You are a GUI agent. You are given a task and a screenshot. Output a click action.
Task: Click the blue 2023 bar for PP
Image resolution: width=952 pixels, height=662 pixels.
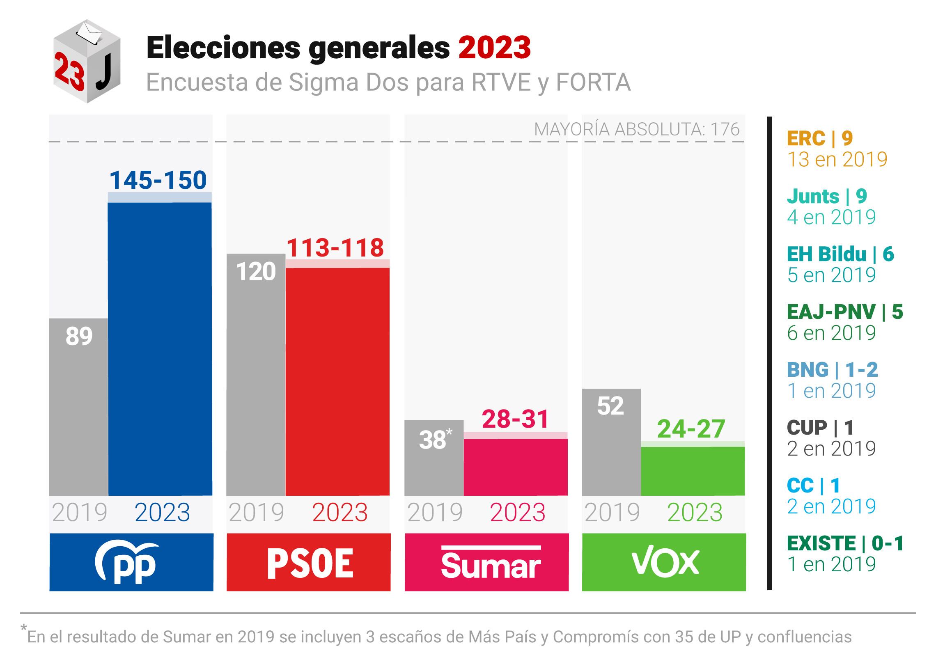pos(160,348)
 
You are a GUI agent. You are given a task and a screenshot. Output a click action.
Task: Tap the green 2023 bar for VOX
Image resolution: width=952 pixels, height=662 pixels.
pos(693,471)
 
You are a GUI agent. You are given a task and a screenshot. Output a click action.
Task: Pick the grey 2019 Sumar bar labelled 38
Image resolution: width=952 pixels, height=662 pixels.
pos(434,458)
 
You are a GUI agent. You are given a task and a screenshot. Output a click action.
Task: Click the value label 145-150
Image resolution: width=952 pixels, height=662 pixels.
pos(158,180)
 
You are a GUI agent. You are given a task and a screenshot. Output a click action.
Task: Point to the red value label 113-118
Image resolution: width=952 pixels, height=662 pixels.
pos(335,248)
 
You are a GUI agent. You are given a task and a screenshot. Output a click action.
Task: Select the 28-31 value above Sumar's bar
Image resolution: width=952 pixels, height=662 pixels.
pos(515,419)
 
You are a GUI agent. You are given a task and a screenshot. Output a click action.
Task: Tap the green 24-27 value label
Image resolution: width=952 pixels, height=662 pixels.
pos(691,429)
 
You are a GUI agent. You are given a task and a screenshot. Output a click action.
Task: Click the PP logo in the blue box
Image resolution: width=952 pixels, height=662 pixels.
pos(126,562)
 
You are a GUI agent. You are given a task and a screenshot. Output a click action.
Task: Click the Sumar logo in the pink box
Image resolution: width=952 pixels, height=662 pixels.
pos(491,563)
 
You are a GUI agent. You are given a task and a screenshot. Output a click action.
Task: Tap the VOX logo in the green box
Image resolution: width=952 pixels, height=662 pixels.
pos(665,563)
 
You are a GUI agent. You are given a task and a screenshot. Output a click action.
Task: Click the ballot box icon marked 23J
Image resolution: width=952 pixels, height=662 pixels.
pos(87,61)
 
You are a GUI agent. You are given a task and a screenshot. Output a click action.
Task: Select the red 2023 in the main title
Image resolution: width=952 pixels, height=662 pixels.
pos(495,48)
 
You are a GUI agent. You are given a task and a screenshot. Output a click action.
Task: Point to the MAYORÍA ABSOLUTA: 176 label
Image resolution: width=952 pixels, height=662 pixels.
pos(636,129)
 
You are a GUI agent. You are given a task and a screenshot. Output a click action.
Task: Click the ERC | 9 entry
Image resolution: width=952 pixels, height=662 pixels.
pos(820,138)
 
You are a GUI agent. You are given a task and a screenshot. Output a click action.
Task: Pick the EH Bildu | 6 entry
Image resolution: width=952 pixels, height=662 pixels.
pos(840,254)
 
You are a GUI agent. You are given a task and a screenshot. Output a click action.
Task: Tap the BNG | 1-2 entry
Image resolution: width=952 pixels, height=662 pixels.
pos(832,370)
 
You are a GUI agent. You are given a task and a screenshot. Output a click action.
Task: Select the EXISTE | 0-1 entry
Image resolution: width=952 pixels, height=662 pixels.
pos(845,543)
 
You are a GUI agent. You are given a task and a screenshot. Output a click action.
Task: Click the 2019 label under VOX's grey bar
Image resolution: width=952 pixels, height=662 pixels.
pos(612,513)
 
